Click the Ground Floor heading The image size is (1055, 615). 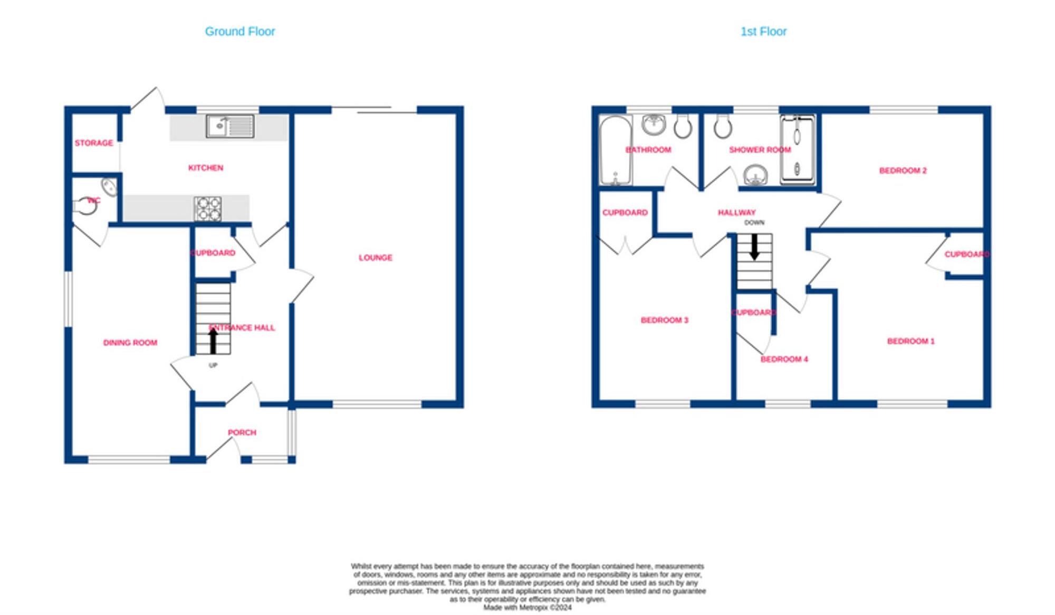240,32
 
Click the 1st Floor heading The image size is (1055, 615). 763,32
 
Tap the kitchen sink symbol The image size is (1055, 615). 229,127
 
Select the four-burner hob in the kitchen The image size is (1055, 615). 208,209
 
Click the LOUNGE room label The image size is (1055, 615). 375,258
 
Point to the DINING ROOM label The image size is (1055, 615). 130,343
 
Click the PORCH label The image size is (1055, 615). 242,432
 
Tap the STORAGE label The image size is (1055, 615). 94,143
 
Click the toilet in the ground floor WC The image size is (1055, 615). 85,206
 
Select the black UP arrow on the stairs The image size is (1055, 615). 213,340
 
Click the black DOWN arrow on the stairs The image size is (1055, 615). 754,247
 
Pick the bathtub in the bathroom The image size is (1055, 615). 616,151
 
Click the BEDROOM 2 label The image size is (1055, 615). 903,171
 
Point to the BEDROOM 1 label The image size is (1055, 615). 910,341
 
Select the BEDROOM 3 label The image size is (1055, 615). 664,320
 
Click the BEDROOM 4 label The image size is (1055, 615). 784,359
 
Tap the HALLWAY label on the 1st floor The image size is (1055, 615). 736,212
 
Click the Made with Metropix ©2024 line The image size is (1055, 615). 527,608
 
